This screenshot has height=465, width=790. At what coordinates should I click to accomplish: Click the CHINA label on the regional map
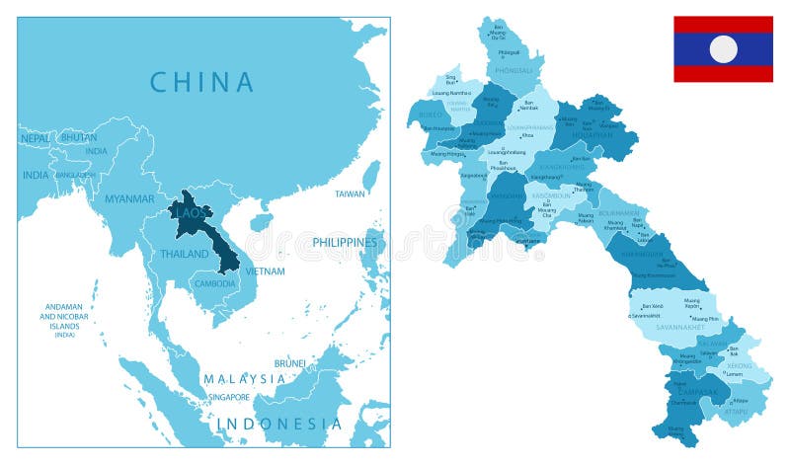point(202,81)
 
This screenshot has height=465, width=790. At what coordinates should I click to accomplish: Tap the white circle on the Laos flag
point(723,48)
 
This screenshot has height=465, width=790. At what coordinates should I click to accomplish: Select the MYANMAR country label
point(129,198)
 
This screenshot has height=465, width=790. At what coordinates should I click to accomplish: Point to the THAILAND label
point(185,254)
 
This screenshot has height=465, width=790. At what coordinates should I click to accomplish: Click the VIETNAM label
point(265,271)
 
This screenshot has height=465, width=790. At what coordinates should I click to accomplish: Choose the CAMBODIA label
point(214,283)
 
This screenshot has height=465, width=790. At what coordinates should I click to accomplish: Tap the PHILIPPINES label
point(345,242)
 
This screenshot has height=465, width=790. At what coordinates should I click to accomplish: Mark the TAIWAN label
point(350,194)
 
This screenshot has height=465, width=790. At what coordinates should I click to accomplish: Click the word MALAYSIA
point(244,379)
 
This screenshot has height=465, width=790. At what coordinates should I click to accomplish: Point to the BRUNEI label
point(289,363)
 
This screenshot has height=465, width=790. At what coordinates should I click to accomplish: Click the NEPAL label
point(35,139)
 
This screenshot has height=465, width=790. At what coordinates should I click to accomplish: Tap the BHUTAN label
point(78,138)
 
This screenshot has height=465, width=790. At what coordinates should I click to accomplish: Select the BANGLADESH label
point(76,175)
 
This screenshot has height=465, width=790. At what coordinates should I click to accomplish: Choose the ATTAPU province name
point(734,410)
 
